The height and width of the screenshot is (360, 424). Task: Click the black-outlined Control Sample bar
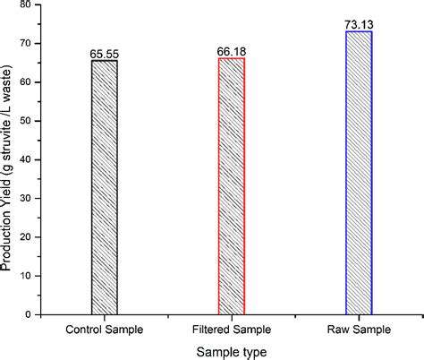(104, 187)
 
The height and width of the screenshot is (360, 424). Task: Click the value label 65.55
(104, 54)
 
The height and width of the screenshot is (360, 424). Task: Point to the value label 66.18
(232, 52)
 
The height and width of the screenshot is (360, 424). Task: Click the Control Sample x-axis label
(104, 329)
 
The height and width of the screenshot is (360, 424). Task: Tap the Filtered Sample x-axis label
(232, 329)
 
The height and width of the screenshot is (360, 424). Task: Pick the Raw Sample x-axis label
(360, 329)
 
